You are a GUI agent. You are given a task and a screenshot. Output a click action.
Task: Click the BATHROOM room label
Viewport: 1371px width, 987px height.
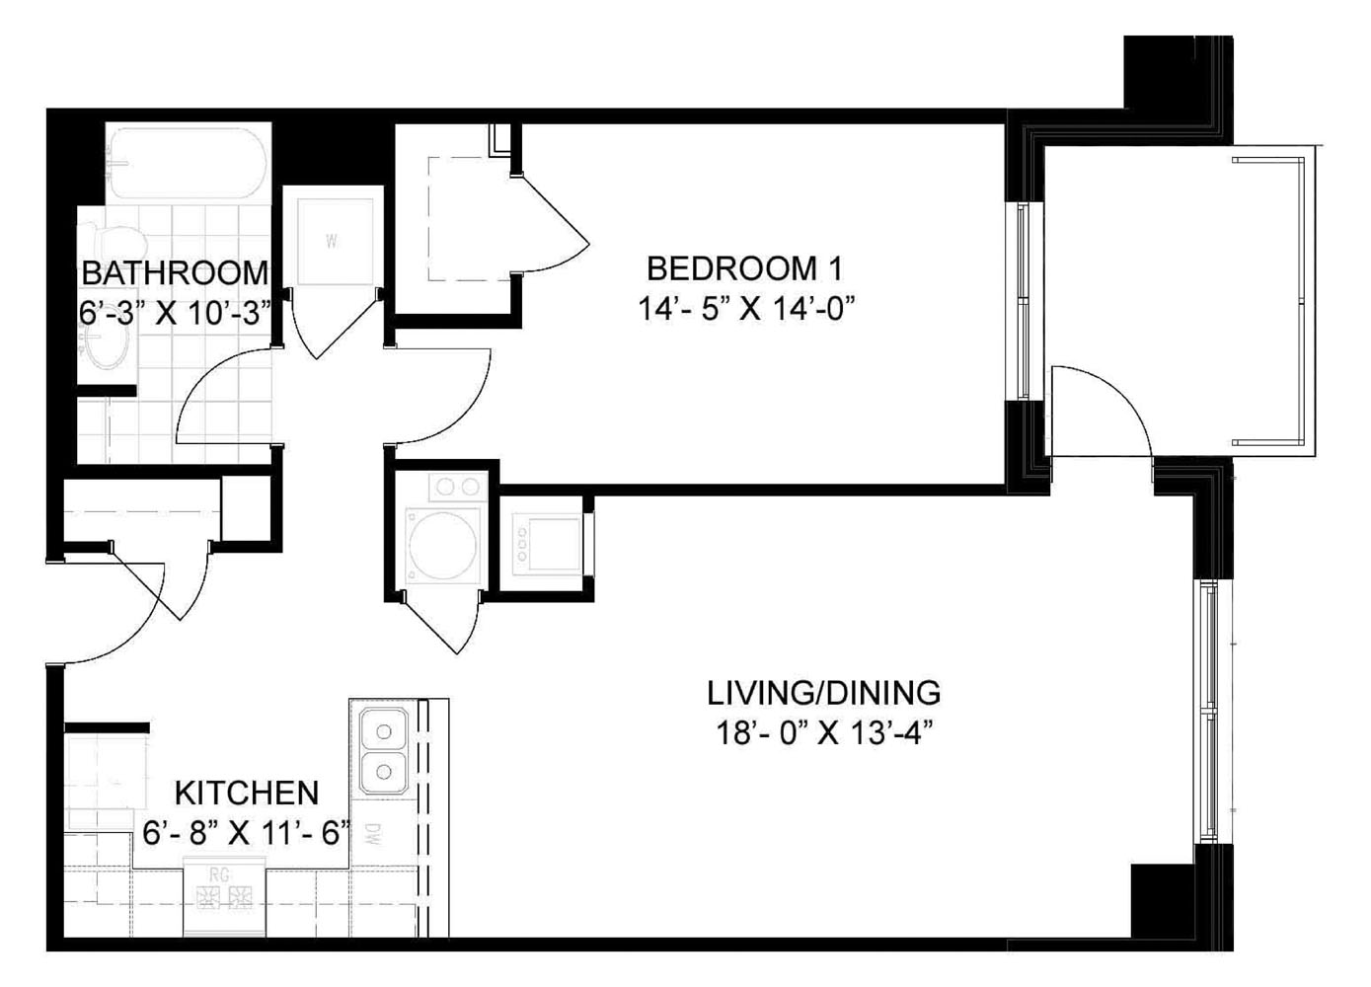pyautogui.click(x=175, y=272)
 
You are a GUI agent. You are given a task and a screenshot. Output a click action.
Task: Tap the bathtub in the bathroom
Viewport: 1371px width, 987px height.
pyautogui.click(x=187, y=163)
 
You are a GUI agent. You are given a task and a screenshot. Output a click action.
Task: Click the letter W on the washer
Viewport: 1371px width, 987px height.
pyautogui.click(x=332, y=241)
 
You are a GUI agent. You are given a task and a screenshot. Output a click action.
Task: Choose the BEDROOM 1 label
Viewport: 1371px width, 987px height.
pyautogui.click(x=745, y=267)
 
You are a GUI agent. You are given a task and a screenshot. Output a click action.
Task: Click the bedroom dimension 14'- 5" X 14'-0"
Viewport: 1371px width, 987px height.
pyautogui.click(x=745, y=309)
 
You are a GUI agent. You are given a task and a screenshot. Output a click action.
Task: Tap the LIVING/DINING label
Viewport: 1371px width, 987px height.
pyautogui.click(x=823, y=693)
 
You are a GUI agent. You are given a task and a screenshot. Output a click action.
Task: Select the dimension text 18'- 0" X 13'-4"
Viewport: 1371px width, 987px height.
pyautogui.click(x=823, y=734)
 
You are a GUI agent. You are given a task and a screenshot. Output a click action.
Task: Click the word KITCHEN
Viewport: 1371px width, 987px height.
pyautogui.click(x=247, y=793)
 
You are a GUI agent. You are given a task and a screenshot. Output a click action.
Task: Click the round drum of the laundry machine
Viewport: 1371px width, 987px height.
pyautogui.click(x=443, y=544)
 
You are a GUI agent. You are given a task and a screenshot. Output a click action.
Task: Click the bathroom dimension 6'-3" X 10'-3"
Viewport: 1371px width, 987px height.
pyautogui.click(x=175, y=313)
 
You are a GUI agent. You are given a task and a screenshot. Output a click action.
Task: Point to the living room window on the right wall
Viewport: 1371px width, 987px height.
pyautogui.click(x=1208, y=711)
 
